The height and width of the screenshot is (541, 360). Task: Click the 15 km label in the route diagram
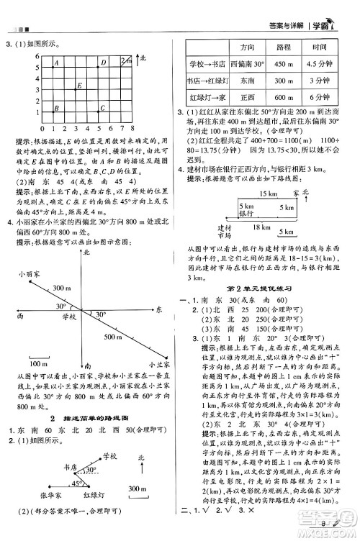[x=267, y=194]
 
